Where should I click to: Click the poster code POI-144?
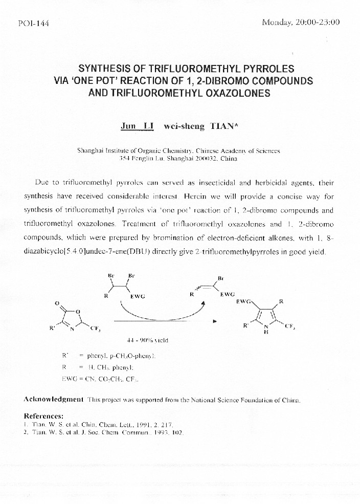33,24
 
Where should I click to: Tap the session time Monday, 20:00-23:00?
300,23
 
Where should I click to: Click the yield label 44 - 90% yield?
147,340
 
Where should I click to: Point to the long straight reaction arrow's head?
215,321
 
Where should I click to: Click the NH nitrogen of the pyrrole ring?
265,327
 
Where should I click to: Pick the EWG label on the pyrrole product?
244,302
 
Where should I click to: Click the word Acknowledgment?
54,399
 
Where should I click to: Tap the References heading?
43,415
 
